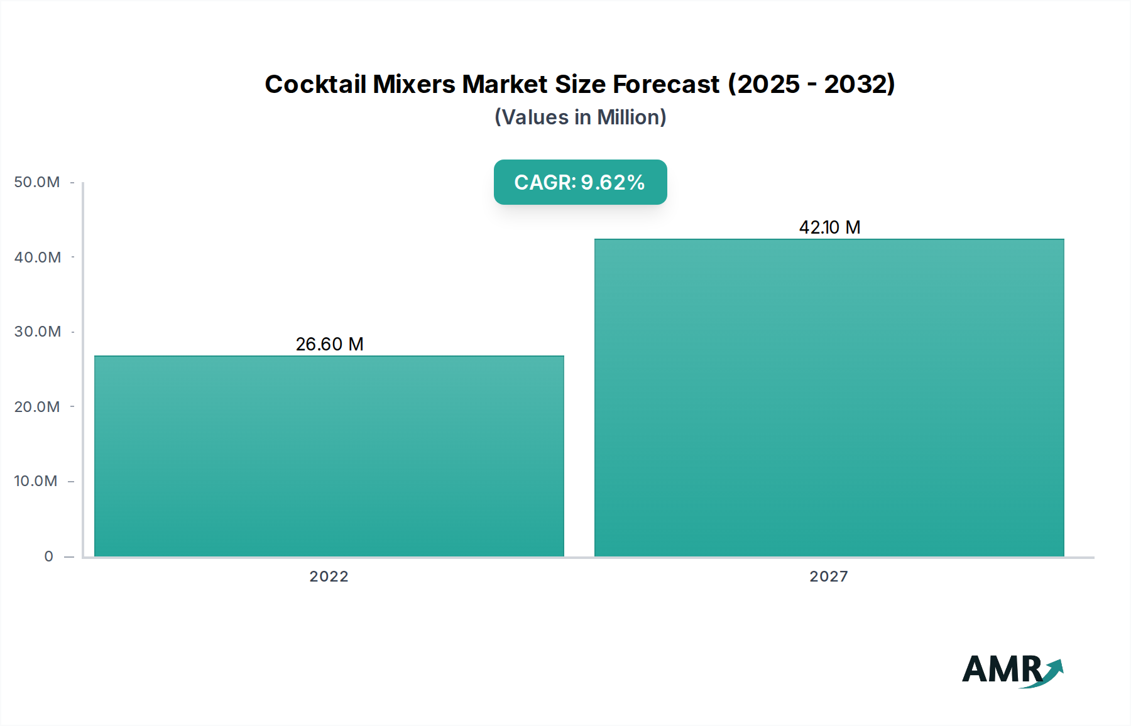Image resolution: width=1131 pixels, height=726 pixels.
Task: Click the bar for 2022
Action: pyautogui.click(x=329, y=456)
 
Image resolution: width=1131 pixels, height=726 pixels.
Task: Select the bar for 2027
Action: pyautogui.click(x=829, y=398)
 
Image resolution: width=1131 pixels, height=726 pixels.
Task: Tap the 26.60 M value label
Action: pyautogui.click(x=330, y=344)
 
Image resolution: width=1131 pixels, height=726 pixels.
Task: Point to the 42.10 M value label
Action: pyautogui.click(x=829, y=227)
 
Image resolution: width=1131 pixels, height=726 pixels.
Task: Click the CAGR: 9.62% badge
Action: pyautogui.click(x=580, y=182)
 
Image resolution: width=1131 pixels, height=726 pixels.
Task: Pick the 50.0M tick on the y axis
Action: pyautogui.click(x=37, y=182)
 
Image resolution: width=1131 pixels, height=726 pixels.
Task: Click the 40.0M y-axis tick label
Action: pyautogui.click(x=38, y=257)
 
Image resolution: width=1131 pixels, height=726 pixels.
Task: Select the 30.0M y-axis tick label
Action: pyautogui.click(x=38, y=332)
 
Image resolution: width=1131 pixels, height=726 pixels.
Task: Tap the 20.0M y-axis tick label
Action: pyautogui.click(x=37, y=407)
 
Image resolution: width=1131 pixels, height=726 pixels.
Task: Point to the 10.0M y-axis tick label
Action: pyautogui.click(x=36, y=481)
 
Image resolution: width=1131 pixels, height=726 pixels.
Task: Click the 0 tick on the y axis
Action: pyautogui.click(x=49, y=556)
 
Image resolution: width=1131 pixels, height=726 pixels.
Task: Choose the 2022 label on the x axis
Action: pyautogui.click(x=329, y=577)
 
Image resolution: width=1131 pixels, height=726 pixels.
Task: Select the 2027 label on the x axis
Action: pyautogui.click(x=829, y=577)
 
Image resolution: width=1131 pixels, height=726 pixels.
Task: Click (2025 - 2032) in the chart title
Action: pyautogui.click(x=811, y=84)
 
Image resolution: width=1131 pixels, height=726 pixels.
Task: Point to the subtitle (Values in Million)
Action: pyautogui.click(x=580, y=117)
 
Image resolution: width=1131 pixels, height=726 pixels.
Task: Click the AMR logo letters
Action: pyautogui.click(x=1001, y=669)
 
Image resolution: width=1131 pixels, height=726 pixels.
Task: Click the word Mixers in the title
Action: pyautogui.click(x=414, y=84)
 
